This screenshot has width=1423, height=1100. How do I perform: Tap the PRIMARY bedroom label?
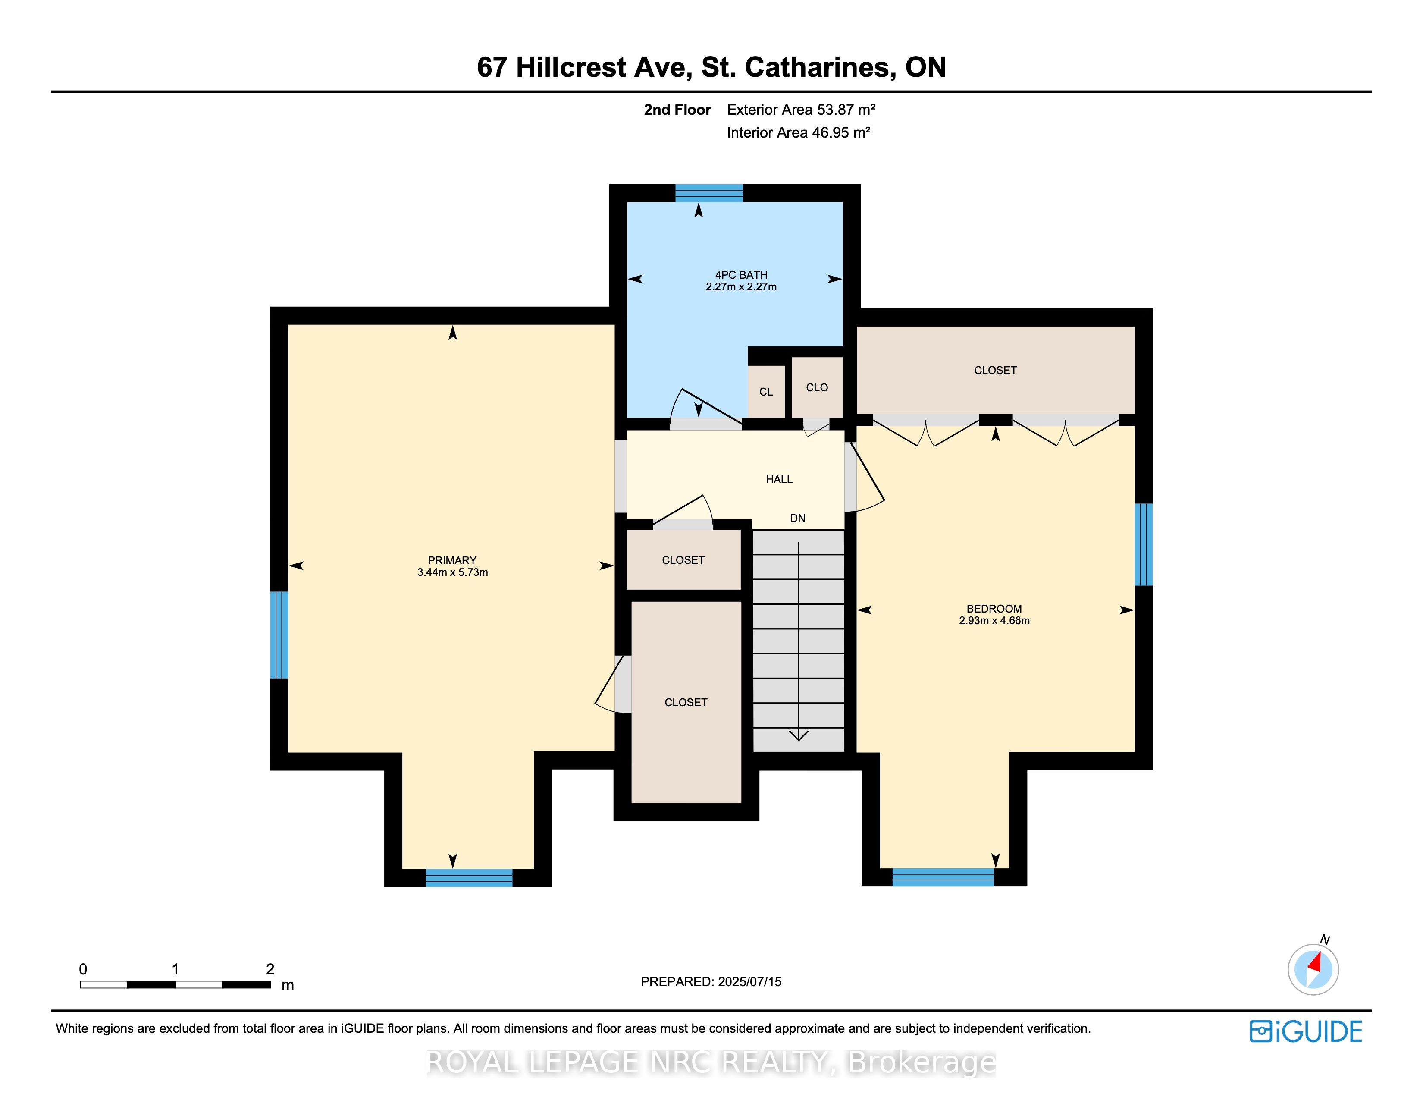pos(452,560)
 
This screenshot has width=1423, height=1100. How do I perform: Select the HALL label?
pos(779,480)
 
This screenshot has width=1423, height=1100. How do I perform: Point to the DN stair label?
pos(797,518)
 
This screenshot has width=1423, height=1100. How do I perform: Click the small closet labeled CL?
pos(766,392)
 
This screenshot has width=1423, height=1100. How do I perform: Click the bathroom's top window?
pos(709,194)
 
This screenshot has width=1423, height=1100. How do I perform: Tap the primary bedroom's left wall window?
pos(279,635)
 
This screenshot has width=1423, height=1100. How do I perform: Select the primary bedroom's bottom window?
pos(469,878)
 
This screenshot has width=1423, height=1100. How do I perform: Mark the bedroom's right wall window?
pos(1144,545)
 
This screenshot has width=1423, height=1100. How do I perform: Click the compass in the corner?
pos(1313,968)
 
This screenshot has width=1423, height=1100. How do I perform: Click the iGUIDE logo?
pos(1306,1031)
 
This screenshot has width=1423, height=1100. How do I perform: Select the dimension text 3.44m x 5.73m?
pos(452,572)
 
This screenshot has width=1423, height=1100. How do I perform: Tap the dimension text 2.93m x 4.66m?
pos(994,620)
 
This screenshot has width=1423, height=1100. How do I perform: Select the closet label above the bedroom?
pos(995,370)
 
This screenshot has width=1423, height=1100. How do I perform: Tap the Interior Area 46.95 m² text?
pos(799,132)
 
